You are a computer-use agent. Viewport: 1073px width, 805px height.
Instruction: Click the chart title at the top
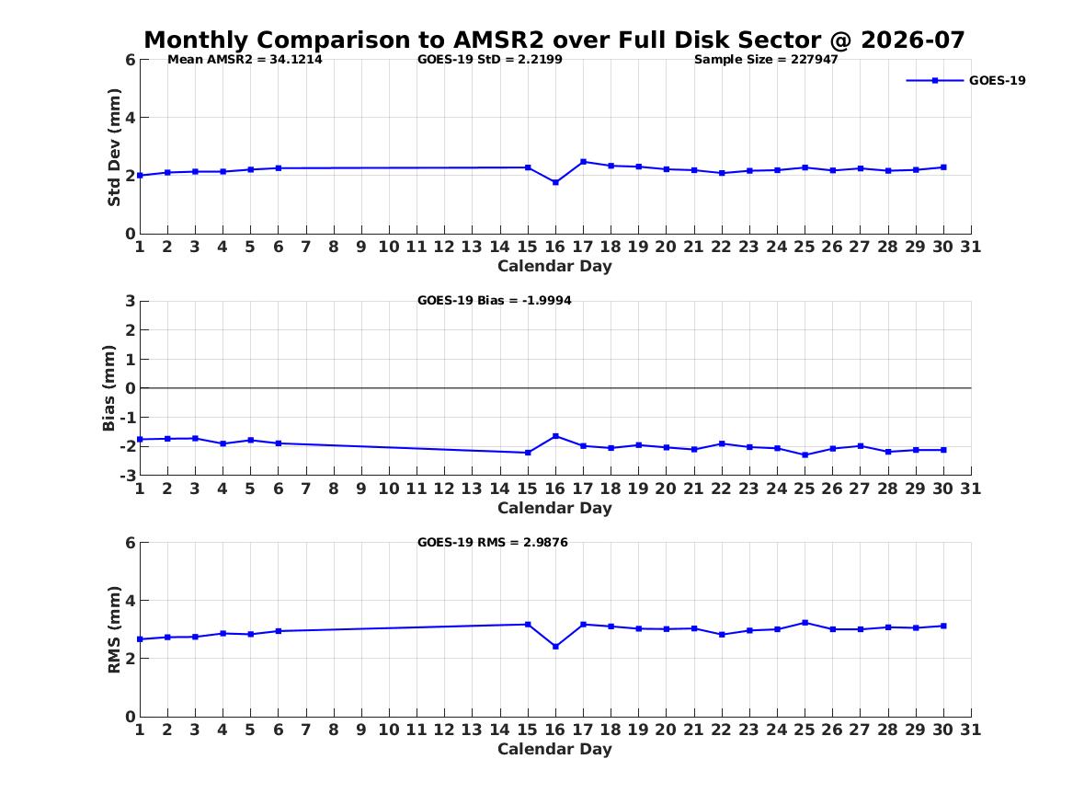point(554,40)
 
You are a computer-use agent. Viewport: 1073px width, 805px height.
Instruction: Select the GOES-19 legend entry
point(965,80)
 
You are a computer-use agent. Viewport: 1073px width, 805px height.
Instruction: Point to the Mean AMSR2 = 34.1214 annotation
point(245,60)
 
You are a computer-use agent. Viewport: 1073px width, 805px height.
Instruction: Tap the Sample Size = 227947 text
point(766,60)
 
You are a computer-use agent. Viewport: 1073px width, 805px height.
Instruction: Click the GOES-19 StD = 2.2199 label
point(490,60)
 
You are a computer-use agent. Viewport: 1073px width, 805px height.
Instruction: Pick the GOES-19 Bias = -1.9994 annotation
point(494,301)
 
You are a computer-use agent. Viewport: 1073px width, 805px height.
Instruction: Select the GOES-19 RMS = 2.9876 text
point(493,542)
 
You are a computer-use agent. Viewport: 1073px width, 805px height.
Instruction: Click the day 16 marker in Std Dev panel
point(555,183)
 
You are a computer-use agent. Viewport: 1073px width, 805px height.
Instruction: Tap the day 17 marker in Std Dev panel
point(583,162)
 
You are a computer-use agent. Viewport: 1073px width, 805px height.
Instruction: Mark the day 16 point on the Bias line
point(555,436)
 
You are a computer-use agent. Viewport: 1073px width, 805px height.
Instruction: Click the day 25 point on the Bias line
point(805,454)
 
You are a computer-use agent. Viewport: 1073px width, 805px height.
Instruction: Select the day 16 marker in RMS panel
point(555,646)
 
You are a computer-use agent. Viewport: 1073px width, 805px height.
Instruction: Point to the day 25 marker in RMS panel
point(805,622)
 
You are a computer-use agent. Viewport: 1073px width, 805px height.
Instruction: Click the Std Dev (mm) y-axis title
point(114,147)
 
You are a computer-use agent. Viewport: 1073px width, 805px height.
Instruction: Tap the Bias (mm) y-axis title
point(108,388)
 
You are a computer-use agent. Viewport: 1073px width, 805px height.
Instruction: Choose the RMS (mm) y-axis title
point(114,630)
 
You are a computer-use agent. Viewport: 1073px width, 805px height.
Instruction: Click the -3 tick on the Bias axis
point(128,475)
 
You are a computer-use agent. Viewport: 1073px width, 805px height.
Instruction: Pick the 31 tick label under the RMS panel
point(970,730)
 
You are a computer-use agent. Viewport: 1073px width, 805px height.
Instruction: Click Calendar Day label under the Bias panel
point(554,508)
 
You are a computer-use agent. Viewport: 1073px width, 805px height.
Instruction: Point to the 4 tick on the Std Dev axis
point(130,118)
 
